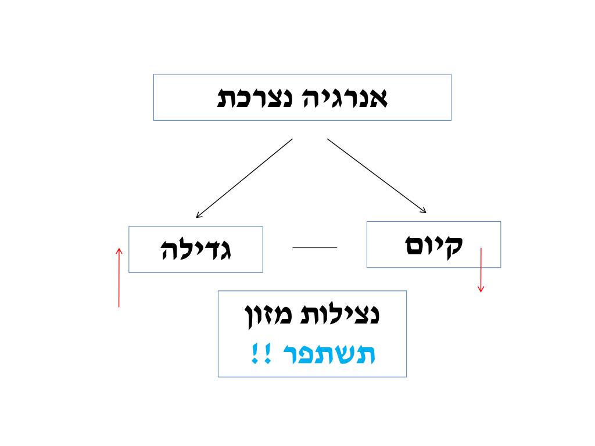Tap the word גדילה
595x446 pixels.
click(x=195, y=250)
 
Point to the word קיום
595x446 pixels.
click(x=433, y=245)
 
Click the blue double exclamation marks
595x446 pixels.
click(x=257, y=353)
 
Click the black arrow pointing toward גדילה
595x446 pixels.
click(x=244, y=178)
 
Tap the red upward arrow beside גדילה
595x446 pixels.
click(x=119, y=278)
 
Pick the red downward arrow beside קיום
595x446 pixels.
click(x=481, y=270)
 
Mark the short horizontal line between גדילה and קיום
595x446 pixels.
click(x=314, y=247)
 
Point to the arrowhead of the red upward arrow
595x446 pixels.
click(x=119, y=251)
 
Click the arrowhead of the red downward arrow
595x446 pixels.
click(x=481, y=289)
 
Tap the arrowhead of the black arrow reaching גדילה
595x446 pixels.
click(x=199, y=215)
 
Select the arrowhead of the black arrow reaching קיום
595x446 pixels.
click(x=424, y=210)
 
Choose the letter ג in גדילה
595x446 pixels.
click(x=225, y=250)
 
